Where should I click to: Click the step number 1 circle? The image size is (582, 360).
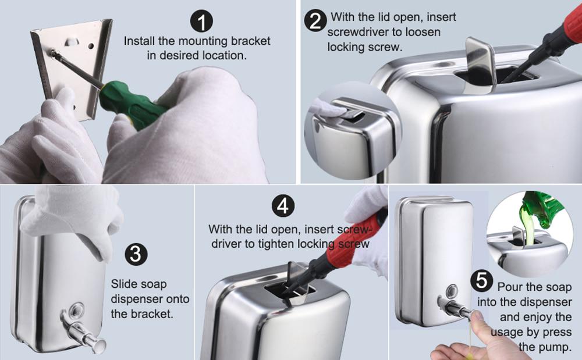[x=201, y=21]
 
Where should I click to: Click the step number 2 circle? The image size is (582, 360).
[x=315, y=21]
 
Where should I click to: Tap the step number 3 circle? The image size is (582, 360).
[x=136, y=254]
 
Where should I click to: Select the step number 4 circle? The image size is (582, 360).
[x=283, y=206]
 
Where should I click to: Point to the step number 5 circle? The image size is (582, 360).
[x=482, y=280]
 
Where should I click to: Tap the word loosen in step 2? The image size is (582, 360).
[x=423, y=32]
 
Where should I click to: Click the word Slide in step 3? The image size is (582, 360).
[x=124, y=284]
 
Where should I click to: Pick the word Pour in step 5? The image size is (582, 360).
[x=510, y=287]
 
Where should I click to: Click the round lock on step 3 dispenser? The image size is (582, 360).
[x=77, y=309]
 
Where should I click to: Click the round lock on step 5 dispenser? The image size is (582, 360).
[x=452, y=291]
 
